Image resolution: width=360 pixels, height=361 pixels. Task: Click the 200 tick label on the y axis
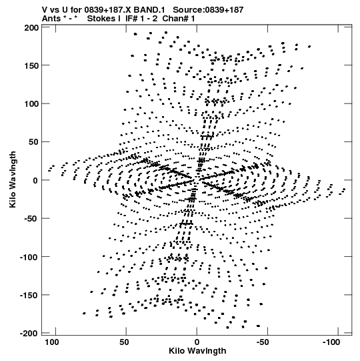[x=31, y=28]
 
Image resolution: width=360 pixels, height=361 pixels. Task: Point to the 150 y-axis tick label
[x=31, y=66]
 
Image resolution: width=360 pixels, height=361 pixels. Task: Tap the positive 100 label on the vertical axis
[x=31, y=104]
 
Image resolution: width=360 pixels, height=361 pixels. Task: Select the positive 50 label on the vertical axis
[x=33, y=142]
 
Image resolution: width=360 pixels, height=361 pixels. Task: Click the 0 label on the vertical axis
[x=35, y=180]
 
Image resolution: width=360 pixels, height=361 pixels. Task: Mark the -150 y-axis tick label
[x=29, y=295]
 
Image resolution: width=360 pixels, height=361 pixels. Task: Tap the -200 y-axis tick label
[x=29, y=333]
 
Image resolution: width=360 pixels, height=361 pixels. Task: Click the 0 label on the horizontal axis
[x=197, y=342]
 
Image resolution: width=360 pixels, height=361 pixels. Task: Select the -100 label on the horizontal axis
[x=331, y=342]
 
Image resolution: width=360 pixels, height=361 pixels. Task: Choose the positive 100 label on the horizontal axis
[x=52, y=342]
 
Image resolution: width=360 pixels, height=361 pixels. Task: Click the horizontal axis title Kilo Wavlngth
[x=197, y=351]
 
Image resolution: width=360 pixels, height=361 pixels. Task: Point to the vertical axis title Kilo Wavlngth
[x=13, y=179]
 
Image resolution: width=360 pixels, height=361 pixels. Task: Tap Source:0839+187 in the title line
[x=208, y=10]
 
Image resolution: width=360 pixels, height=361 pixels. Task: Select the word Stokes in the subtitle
[x=102, y=19]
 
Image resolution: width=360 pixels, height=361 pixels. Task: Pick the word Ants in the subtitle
[x=51, y=19]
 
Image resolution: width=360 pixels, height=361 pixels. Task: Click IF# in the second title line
[x=131, y=19]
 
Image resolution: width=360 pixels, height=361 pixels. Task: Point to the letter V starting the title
[x=45, y=10]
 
